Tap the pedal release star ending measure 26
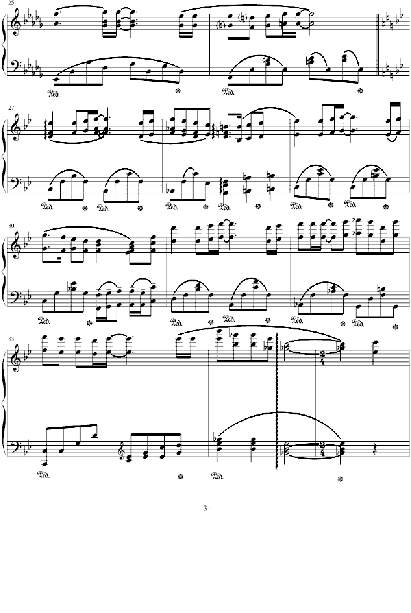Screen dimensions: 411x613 pyautogui.click(x=360, y=91)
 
